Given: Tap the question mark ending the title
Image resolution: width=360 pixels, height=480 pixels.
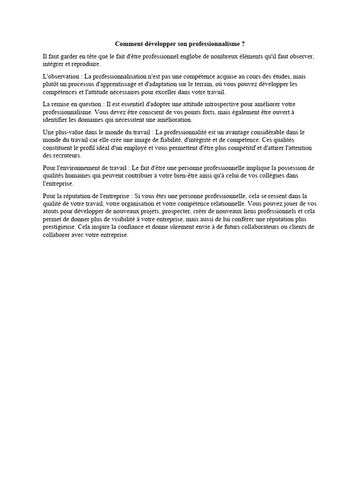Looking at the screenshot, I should [x=243, y=44].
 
